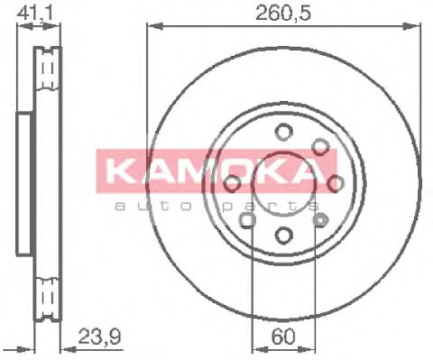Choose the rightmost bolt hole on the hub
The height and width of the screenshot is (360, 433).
[336, 184]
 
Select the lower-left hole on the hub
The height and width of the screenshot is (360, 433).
[247, 221]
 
